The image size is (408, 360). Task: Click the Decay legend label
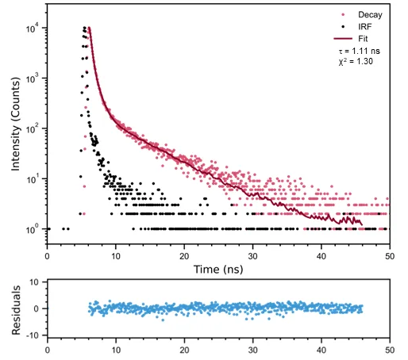click(369, 15)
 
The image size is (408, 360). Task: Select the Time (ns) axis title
click(218, 270)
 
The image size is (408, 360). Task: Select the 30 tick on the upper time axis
click(252, 255)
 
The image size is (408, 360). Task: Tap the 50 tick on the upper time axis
click(389, 255)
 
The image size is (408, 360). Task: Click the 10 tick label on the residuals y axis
click(33, 282)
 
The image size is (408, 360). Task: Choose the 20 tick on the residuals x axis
click(184, 350)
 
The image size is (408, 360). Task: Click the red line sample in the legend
click(342, 37)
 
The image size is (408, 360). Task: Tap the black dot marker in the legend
click(342, 26)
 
